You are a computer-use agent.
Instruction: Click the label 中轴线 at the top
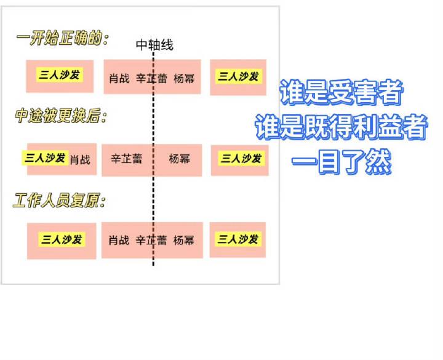[x=154, y=45]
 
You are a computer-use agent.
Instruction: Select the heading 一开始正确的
[x=62, y=39]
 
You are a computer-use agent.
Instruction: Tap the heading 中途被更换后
[x=60, y=116]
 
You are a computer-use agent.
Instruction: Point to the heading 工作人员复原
[x=60, y=201]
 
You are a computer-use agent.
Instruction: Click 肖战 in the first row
[x=119, y=78]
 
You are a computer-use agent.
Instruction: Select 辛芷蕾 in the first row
[x=151, y=78]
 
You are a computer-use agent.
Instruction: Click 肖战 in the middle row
[x=80, y=160]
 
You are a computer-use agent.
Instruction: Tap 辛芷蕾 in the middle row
[x=126, y=159]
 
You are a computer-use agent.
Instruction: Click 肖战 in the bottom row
[x=119, y=240]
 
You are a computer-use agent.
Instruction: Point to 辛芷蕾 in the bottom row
[x=151, y=240]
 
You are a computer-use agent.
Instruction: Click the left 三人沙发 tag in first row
[x=60, y=75]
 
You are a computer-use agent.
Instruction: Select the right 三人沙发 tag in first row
[x=238, y=76]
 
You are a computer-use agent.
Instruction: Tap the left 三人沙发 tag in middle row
[x=46, y=158]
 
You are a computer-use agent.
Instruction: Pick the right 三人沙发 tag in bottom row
[x=237, y=239]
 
